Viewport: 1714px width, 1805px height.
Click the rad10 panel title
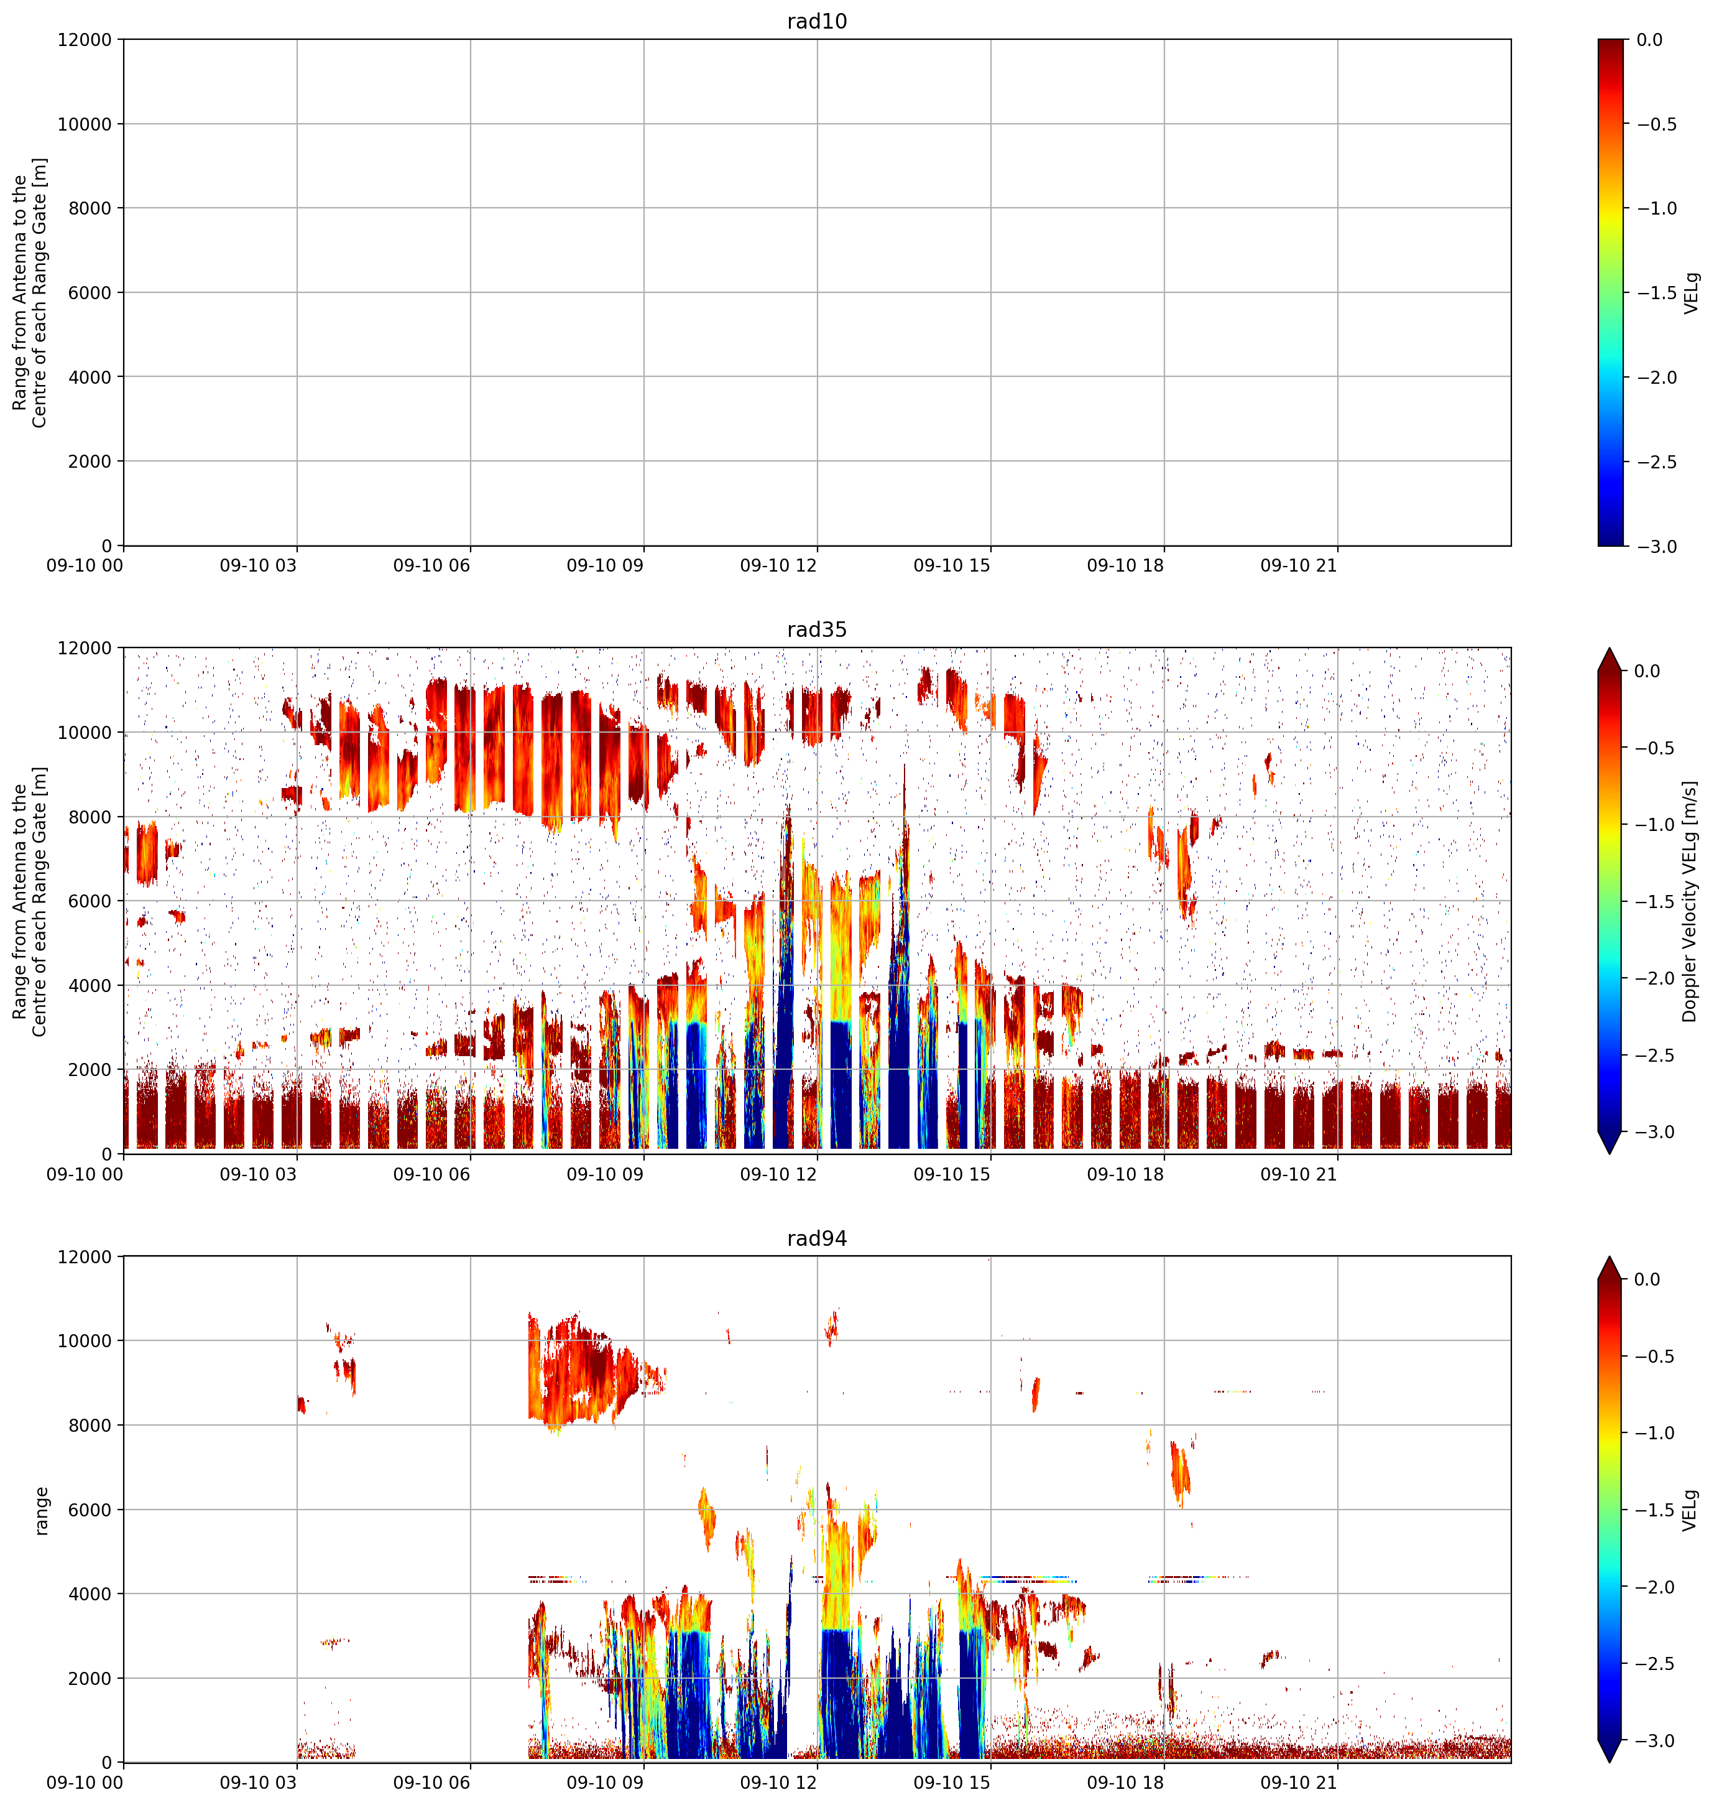tap(817, 21)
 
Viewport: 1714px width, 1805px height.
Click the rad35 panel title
tap(817, 629)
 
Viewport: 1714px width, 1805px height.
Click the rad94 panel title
tap(817, 1238)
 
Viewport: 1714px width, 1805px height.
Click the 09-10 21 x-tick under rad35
tap(1298, 1174)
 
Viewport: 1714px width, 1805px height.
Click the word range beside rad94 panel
tap(41, 1511)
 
